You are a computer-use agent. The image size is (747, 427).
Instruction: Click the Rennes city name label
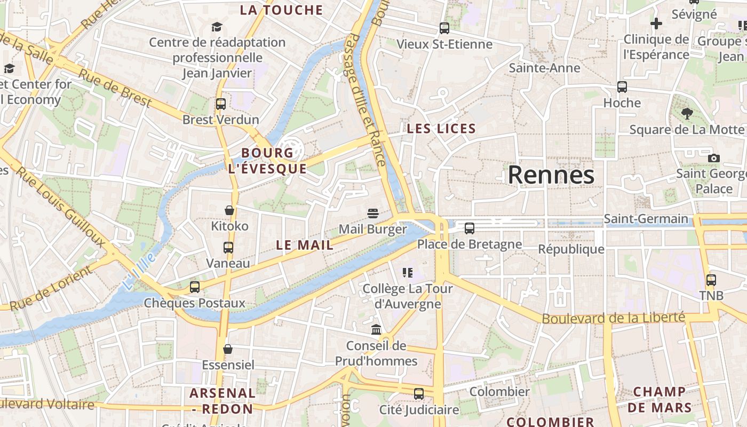pos(551,175)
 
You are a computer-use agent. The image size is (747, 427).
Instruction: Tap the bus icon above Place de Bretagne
pos(470,228)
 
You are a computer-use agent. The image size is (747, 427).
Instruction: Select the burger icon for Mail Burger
pos(373,213)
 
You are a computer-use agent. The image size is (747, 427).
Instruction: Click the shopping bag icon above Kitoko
pos(229,210)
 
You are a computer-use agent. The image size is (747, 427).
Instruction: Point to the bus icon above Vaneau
pos(228,248)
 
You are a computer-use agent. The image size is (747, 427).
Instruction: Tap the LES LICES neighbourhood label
pos(441,129)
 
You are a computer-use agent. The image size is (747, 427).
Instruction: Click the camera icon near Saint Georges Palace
pos(713,158)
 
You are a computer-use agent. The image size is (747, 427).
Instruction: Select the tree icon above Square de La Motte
pos(687,113)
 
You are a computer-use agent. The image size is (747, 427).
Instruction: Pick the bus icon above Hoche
pos(622,86)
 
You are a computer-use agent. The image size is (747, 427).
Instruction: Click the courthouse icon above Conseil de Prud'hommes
pos(376,329)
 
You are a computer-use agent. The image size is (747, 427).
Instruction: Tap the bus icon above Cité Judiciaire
pos(419,394)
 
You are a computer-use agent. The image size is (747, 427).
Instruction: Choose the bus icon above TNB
pos(711,280)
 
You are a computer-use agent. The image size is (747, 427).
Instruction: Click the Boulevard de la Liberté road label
pos(613,318)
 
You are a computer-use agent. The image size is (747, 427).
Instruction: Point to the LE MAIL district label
pos(305,245)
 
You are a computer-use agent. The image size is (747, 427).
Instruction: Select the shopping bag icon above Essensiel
pos(228,349)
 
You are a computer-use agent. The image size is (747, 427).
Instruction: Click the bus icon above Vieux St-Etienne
pos(444,28)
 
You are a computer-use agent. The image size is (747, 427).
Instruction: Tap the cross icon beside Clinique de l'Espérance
pos(656,23)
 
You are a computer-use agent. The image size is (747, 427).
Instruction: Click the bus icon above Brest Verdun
pos(221,104)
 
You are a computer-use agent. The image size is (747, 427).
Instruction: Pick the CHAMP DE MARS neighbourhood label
pos(659,399)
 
